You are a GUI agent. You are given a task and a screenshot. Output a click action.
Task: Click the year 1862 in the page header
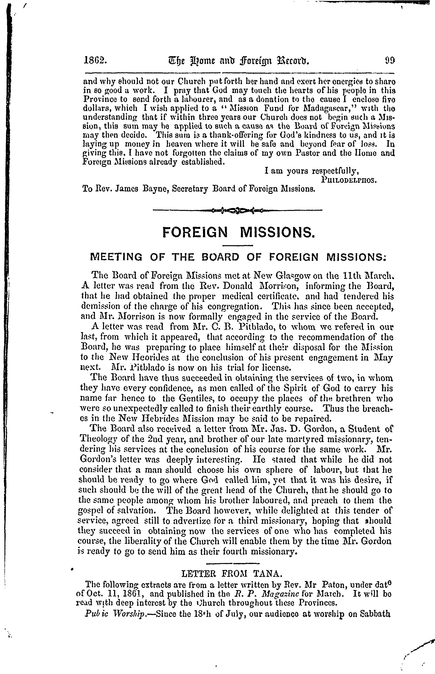(95, 60)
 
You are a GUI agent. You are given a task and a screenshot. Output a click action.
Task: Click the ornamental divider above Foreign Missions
(237, 210)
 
